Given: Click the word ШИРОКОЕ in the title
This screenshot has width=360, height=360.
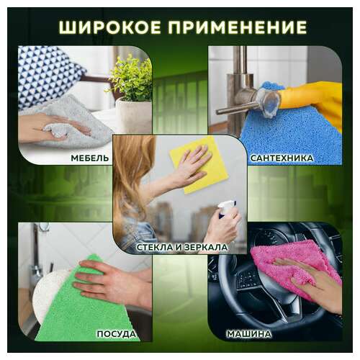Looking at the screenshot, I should pos(109,27).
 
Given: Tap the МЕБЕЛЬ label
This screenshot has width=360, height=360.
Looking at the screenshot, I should pos(90,157).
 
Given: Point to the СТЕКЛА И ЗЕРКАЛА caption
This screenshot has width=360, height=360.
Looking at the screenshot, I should pos(182,247).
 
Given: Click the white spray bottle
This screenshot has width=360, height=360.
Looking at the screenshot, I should pos(225,216).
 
